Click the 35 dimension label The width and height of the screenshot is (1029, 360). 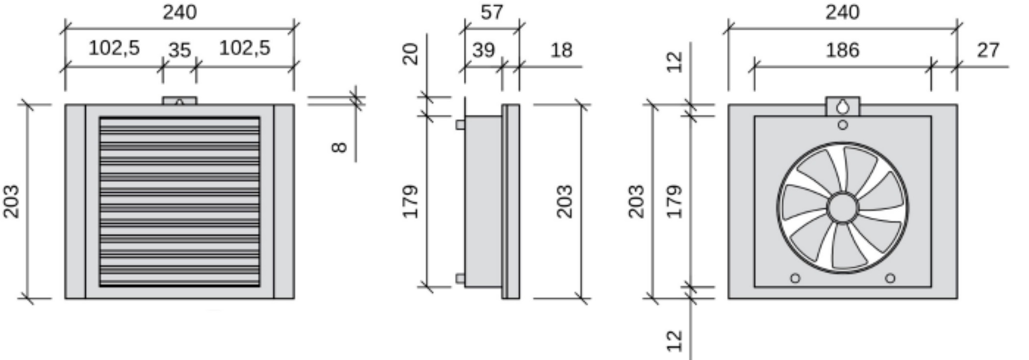tap(179, 51)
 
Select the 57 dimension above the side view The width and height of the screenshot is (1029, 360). tap(492, 12)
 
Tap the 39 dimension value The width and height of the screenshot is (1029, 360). tap(483, 50)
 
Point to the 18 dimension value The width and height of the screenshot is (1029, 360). tap(561, 50)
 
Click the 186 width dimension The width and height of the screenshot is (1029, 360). tap(842, 50)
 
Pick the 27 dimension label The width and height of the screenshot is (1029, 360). tap(987, 50)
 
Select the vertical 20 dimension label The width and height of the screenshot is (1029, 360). tap(411, 54)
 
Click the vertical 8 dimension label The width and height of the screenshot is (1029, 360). tap(339, 147)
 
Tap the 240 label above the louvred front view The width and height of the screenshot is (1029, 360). tap(180, 12)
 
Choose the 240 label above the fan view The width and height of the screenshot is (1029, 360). tap(842, 12)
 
